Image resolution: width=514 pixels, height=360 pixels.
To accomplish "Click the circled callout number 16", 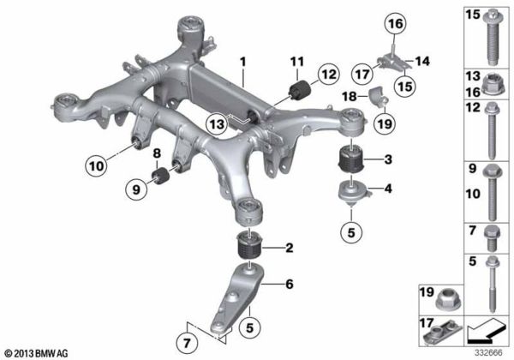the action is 395,24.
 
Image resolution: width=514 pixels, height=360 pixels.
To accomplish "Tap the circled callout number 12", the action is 328,75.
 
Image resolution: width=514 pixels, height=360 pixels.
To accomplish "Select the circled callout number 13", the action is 218,124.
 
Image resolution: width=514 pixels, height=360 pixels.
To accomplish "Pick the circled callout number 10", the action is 96,166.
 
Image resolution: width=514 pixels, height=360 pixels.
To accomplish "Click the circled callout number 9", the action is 136,189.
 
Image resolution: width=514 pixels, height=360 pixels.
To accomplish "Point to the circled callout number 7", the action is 187,344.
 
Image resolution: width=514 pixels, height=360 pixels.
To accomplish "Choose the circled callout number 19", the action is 385,124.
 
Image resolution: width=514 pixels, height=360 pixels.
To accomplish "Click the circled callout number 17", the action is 362,74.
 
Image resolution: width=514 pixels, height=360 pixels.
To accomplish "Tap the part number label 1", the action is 242,62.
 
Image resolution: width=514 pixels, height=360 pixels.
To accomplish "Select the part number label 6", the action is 290,284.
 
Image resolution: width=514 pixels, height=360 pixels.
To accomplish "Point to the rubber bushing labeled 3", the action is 350,159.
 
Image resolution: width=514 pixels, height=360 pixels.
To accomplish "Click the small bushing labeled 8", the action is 160,176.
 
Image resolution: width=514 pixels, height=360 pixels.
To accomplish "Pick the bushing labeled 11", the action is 300,89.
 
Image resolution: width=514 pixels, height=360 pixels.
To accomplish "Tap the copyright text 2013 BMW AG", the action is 36,353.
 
